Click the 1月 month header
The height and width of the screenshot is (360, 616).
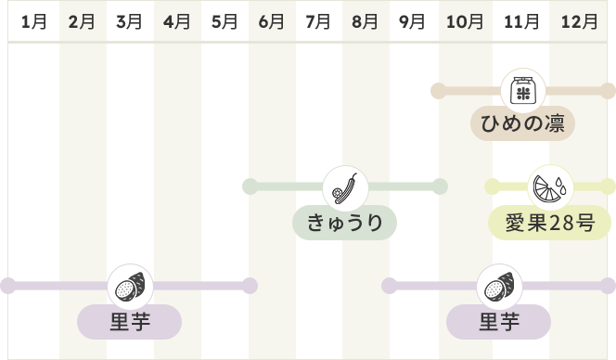click(33, 21)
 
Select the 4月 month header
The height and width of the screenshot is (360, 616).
click(177, 21)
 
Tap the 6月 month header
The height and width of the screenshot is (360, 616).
click(271, 21)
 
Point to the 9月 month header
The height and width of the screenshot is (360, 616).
click(412, 21)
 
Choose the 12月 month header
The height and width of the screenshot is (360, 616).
click(579, 21)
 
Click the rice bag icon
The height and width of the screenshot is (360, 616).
click(523, 91)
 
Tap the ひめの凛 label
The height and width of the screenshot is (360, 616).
click(523, 123)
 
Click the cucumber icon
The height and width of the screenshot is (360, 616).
click(345, 188)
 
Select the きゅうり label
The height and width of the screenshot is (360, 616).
click(344, 223)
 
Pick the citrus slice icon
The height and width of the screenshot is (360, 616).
click(550, 187)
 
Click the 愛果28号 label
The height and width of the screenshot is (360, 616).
click(549, 223)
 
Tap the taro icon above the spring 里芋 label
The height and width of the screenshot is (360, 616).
click(131, 287)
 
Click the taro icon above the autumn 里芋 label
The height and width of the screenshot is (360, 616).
click(499, 287)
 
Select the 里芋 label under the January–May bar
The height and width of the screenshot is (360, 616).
click(129, 321)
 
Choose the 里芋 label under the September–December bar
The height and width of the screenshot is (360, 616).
click(498, 321)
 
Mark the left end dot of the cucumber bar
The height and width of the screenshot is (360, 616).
click(250, 186)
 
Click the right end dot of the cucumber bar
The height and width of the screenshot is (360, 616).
click(440, 186)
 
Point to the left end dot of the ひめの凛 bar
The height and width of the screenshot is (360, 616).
click(439, 91)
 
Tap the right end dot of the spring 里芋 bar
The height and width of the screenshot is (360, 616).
click(250, 286)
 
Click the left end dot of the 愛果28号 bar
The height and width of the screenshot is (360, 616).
click(493, 186)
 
